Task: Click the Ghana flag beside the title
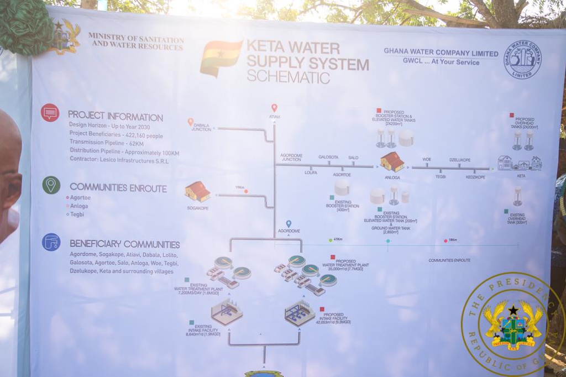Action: [221, 57]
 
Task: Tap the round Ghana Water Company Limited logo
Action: [522, 60]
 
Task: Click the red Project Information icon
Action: [50, 113]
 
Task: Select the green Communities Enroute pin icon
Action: [51, 185]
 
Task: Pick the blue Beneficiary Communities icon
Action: [51, 242]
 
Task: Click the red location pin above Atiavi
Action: [274, 107]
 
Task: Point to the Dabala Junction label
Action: [201, 128]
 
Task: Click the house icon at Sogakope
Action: [197, 191]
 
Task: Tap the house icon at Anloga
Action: [392, 161]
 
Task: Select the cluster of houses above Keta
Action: [520, 163]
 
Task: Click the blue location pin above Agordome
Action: [289, 223]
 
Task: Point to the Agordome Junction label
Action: [291, 158]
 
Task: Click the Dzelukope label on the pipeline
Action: [460, 159]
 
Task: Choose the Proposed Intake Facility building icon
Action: [300, 313]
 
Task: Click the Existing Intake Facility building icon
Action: [227, 311]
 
